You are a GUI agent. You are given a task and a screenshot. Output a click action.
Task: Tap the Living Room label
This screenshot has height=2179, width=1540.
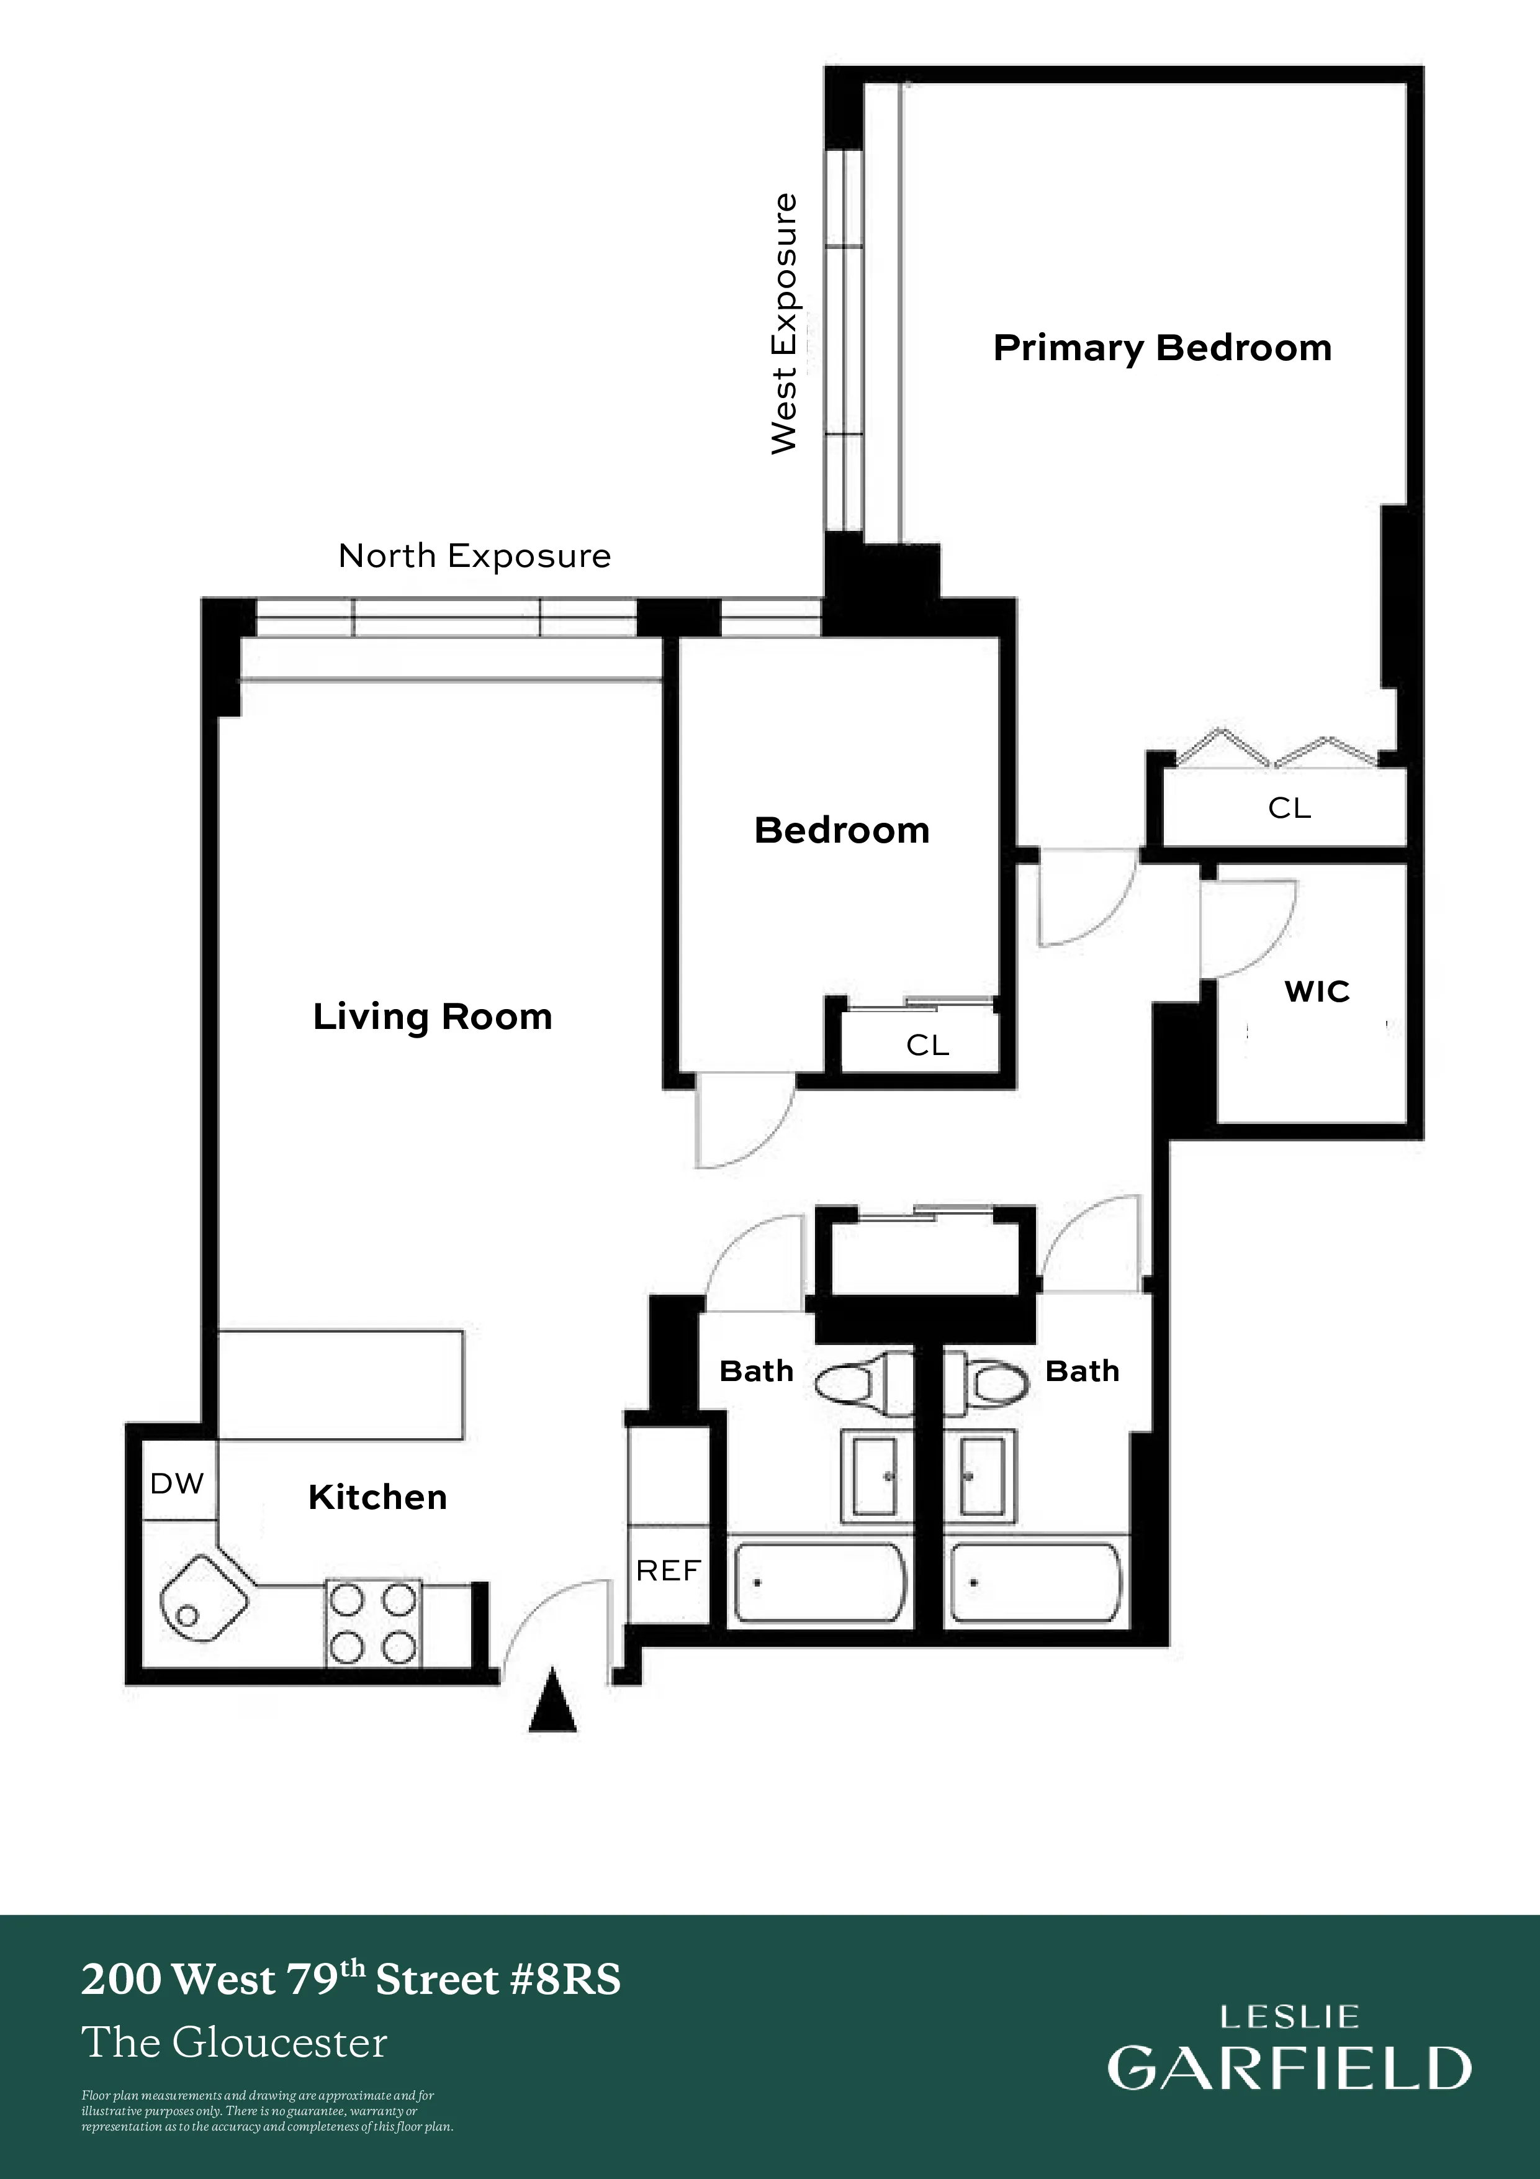(433, 1017)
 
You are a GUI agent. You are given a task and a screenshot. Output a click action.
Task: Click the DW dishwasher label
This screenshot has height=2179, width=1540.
(178, 1484)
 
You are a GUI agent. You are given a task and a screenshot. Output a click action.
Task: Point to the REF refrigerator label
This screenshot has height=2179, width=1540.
(668, 1570)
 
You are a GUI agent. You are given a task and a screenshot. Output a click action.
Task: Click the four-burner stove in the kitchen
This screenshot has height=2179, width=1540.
(373, 1624)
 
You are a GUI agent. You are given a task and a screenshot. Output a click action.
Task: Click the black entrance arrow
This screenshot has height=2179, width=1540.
(552, 1706)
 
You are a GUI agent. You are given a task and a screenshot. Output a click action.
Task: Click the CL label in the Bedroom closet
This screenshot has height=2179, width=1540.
(927, 1046)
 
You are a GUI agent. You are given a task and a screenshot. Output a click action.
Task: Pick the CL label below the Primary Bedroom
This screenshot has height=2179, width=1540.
(1289, 809)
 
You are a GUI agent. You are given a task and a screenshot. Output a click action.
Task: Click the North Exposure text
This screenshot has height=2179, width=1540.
(474, 556)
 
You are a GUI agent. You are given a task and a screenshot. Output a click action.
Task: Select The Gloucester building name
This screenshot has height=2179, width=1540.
(235, 2043)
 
